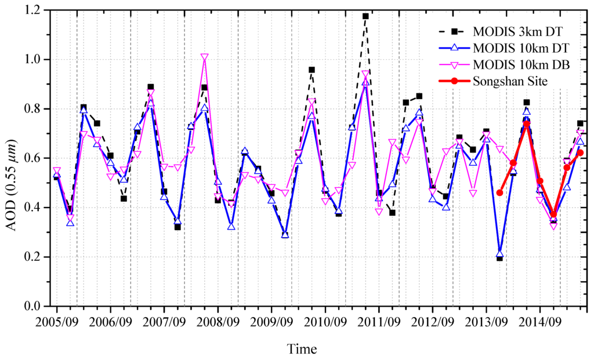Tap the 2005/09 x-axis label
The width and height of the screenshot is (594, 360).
click(57, 320)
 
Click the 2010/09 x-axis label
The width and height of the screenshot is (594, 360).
click(325, 320)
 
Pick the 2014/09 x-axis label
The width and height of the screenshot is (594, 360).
click(540, 320)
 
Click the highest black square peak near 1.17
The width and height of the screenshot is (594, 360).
click(365, 16)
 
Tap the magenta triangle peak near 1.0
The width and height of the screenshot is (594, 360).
click(204, 57)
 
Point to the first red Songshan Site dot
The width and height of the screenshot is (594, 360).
click(499, 192)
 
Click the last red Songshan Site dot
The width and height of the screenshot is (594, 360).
click(580, 152)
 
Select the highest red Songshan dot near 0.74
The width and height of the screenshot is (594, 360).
click(526, 123)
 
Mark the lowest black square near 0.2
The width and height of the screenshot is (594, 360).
click(499, 258)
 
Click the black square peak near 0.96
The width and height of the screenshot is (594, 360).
click(312, 70)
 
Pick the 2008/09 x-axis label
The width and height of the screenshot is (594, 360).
click(218, 320)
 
